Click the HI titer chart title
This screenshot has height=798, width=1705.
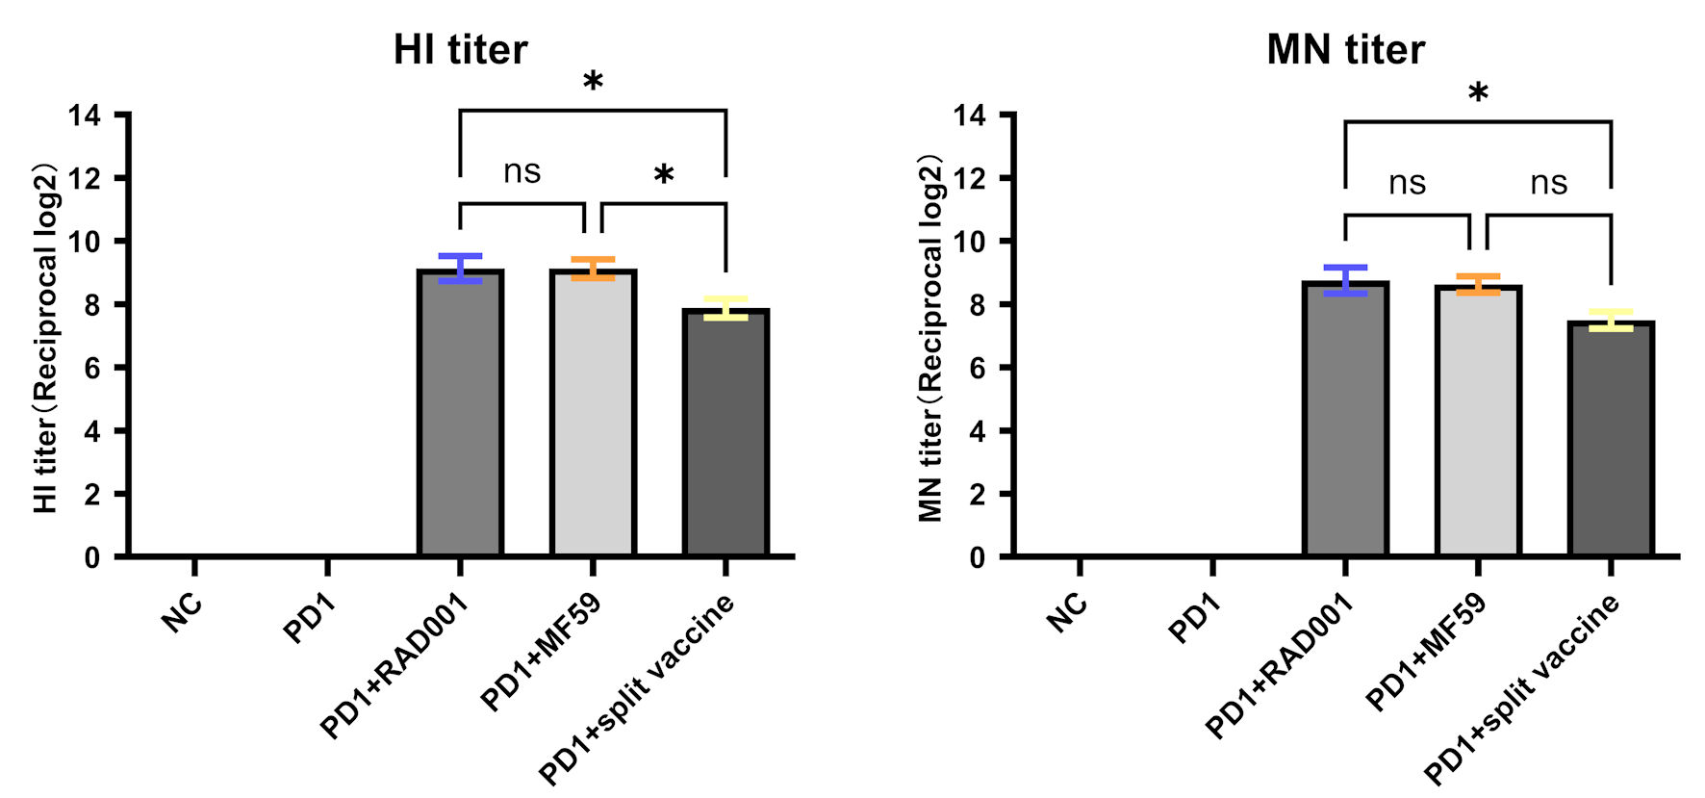pos(460,50)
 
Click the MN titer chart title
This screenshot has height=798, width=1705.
pos(1345,50)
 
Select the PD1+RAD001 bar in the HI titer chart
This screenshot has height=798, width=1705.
pos(460,413)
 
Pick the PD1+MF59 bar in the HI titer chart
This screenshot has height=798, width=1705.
pos(593,413)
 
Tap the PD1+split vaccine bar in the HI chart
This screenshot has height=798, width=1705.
pos(725,432)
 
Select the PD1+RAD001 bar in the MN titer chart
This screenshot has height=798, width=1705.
pos(1345,419)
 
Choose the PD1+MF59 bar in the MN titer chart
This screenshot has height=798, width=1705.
pos(1478,421)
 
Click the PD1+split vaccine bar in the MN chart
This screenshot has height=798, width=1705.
pos(1611,439)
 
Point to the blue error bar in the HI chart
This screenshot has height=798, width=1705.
pos(460,269)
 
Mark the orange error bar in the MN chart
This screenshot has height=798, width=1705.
pos(1478,284)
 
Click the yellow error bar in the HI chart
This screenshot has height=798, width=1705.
pos(725,308)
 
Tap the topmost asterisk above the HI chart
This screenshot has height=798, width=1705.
pos(593,82)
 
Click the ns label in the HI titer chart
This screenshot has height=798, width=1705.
pos(522,171)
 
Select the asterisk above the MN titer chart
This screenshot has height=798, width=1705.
pos(1478,93)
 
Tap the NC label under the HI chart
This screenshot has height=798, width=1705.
pos(181,612)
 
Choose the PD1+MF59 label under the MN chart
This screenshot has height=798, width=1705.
pos(1426,652)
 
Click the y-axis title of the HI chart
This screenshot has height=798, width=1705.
pos(46,337)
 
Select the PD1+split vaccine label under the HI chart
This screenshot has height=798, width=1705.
pos(636,689)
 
